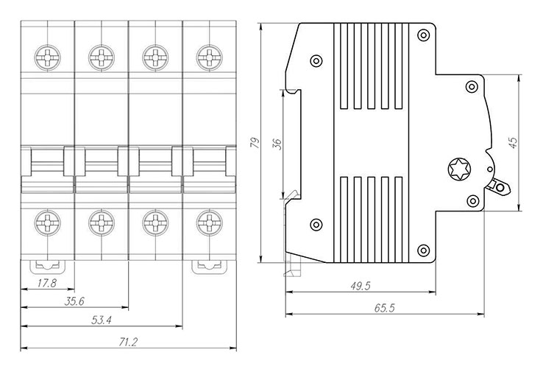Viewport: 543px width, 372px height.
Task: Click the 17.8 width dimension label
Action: (47, 284)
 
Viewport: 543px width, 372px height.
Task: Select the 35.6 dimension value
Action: (74, 301)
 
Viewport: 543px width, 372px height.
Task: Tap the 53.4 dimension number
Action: (101, 320)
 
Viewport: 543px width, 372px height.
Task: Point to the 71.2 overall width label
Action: (128, 343)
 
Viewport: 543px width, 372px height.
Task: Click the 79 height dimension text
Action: (255, 143)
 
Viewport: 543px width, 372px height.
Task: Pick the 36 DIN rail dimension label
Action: (277, 144)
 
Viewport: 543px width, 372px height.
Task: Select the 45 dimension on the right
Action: (514, 143)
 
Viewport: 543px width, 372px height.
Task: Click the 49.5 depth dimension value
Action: (360, 286)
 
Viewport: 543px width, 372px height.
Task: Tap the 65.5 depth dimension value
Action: (384, 308)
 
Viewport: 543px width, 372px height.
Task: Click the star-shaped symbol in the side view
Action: (459, 169)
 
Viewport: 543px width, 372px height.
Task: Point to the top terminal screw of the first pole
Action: (47, 57)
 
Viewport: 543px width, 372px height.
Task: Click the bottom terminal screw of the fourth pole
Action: (209, 222)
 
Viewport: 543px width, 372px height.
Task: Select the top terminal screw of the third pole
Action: (155, 57)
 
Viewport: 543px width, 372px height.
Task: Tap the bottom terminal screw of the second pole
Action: (102, 222)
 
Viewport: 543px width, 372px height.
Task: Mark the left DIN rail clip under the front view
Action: (47, 267)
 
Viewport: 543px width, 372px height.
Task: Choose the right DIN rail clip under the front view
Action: (210, 267)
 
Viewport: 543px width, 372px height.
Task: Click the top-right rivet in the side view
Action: (424, 35)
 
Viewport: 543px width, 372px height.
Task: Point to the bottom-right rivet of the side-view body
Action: (424, 250)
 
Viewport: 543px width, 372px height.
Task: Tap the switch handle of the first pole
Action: (47, 170)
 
